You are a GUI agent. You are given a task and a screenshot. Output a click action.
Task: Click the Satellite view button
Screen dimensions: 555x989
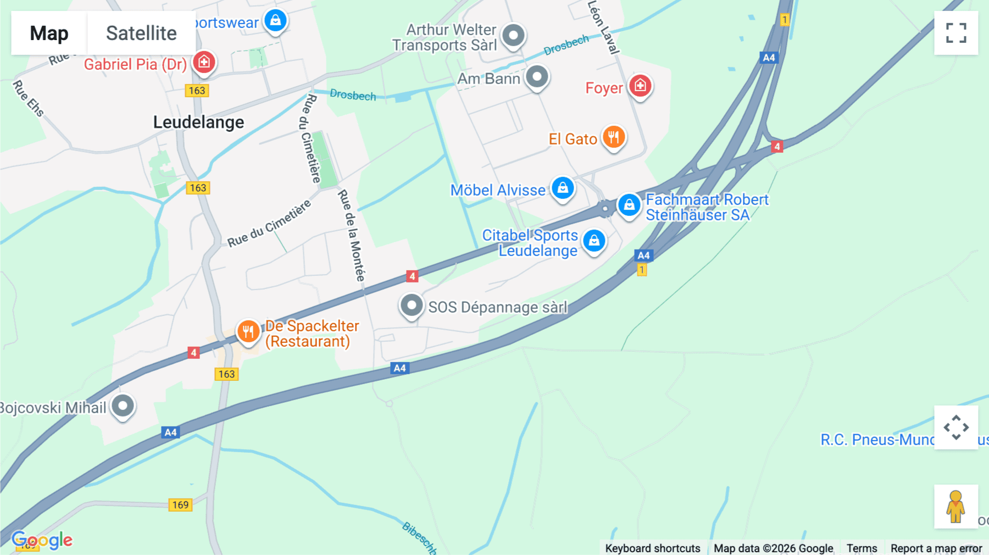pos(141,33)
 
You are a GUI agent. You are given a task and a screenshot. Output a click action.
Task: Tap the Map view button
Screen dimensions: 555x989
pos(49,33)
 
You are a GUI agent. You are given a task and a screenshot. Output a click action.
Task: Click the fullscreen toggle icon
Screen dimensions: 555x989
pos(956,33)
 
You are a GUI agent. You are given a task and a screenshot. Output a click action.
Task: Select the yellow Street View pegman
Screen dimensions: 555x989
pos(955,506)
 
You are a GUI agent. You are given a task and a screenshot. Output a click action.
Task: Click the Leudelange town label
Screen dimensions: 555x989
pos(198,122)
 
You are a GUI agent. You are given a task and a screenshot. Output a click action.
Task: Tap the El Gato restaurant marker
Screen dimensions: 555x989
pos(613,137)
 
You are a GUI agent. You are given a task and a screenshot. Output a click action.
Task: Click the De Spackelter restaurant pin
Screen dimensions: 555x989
pos(248,331)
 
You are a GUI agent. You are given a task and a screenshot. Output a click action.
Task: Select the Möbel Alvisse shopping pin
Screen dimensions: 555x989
pos(563,188)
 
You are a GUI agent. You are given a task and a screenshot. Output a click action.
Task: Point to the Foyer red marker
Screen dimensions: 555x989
pos(640,86)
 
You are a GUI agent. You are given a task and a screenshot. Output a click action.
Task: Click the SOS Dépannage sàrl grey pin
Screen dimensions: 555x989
pos(412,305)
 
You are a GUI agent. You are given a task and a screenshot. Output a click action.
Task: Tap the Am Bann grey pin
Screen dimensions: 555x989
pos(537,76)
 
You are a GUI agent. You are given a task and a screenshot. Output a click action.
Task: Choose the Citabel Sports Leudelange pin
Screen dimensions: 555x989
pos(594,241)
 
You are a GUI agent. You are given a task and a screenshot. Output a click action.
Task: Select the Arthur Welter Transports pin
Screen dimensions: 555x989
pos(513,36)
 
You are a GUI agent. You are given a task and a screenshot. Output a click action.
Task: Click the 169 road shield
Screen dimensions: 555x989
pos(180,504)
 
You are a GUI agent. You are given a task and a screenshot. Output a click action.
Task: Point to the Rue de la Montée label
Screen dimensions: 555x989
pos(352,235)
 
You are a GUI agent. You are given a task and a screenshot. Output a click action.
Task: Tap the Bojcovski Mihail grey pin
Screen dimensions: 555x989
pos(123,406)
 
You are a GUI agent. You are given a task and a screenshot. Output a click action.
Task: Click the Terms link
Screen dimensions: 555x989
pos(862,548)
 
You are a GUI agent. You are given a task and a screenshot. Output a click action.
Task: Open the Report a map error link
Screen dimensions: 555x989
pos(936,548)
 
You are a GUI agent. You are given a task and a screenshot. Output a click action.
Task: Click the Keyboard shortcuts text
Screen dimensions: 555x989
pos(653,548)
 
